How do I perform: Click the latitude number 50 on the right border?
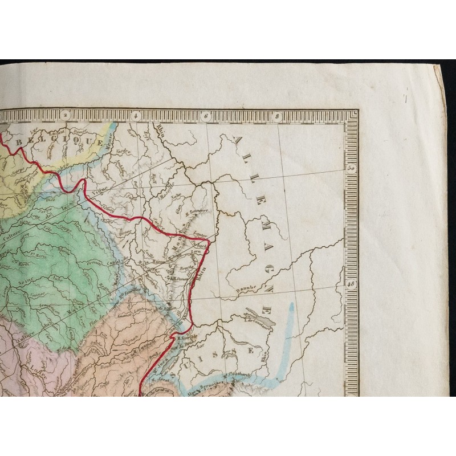click(351, 168)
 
